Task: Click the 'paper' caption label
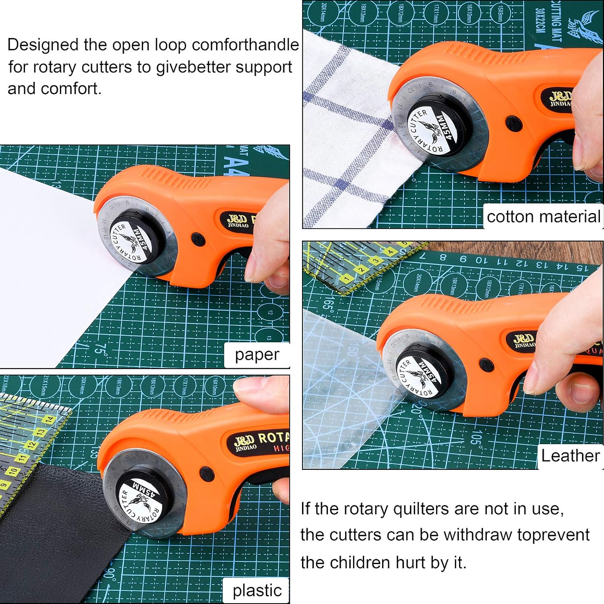pyautogui.click(x=257, y=355)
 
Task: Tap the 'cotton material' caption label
pyautogui.click(x=543, y=217)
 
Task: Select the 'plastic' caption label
pyautogui.click(x=257, y=590)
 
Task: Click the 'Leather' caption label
pyautogui.click(x=570, y=456)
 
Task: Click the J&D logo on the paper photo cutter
pyautogui.click(x=237, y=220)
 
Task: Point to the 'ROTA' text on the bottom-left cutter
pyautogui.click(x=273, y=438)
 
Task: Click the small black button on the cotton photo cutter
pyautogui.click(x=513, y=124)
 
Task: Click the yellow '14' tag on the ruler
pyautogui.click(x=49, y=420)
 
